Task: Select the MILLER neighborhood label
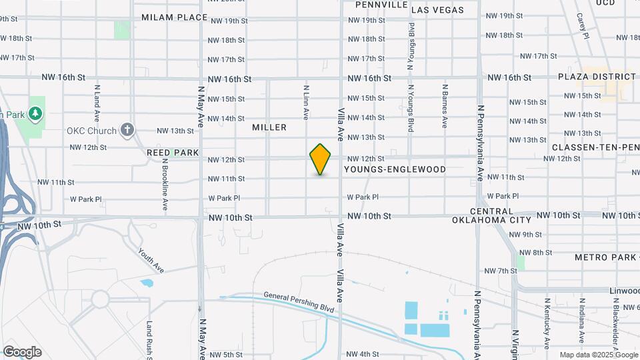(269, 127)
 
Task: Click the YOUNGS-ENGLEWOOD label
(395, 170)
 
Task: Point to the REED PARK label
(173, 153)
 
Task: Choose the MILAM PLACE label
(175, 17)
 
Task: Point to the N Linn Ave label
(306, 102)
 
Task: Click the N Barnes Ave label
(445, 105)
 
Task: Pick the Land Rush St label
(150, 339)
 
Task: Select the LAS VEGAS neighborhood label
(437, 11)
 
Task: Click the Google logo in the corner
(22, 351)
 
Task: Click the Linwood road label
(623, 291)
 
